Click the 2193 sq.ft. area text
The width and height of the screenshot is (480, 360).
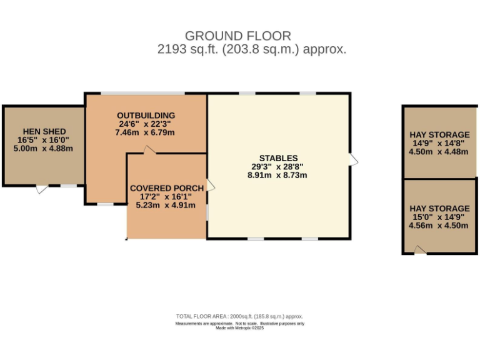[x=252, y=49]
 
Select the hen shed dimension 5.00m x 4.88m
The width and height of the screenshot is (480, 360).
[x=43, y=148]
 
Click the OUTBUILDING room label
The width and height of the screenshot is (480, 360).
[x=146, y=115]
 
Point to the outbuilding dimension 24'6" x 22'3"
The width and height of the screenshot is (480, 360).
[x=146, y=124]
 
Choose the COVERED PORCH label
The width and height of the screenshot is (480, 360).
[x=166, y=188]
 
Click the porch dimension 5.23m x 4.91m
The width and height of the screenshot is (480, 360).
[x=166, y=206]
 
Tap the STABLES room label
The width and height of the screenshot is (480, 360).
[x=278, y=158]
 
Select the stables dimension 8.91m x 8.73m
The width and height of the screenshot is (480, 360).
[x=278, y=176]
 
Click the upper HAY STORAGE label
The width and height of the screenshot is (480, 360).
[x=439, y=134]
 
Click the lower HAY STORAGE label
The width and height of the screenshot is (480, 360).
[x=439, y=208]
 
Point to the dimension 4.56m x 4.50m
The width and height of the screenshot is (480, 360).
[x=439, y=226]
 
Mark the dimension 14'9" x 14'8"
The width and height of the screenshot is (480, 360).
[x=439, y=143]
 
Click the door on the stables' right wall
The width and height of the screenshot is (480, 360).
[x=354, y=160]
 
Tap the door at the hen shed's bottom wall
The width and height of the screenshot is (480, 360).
[x=41, y=188]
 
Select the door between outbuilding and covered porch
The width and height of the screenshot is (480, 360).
[x=148, y=150]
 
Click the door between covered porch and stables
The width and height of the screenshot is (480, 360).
[x=210, y=186]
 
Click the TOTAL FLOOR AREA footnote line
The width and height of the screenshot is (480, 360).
[x=239, y=317]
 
